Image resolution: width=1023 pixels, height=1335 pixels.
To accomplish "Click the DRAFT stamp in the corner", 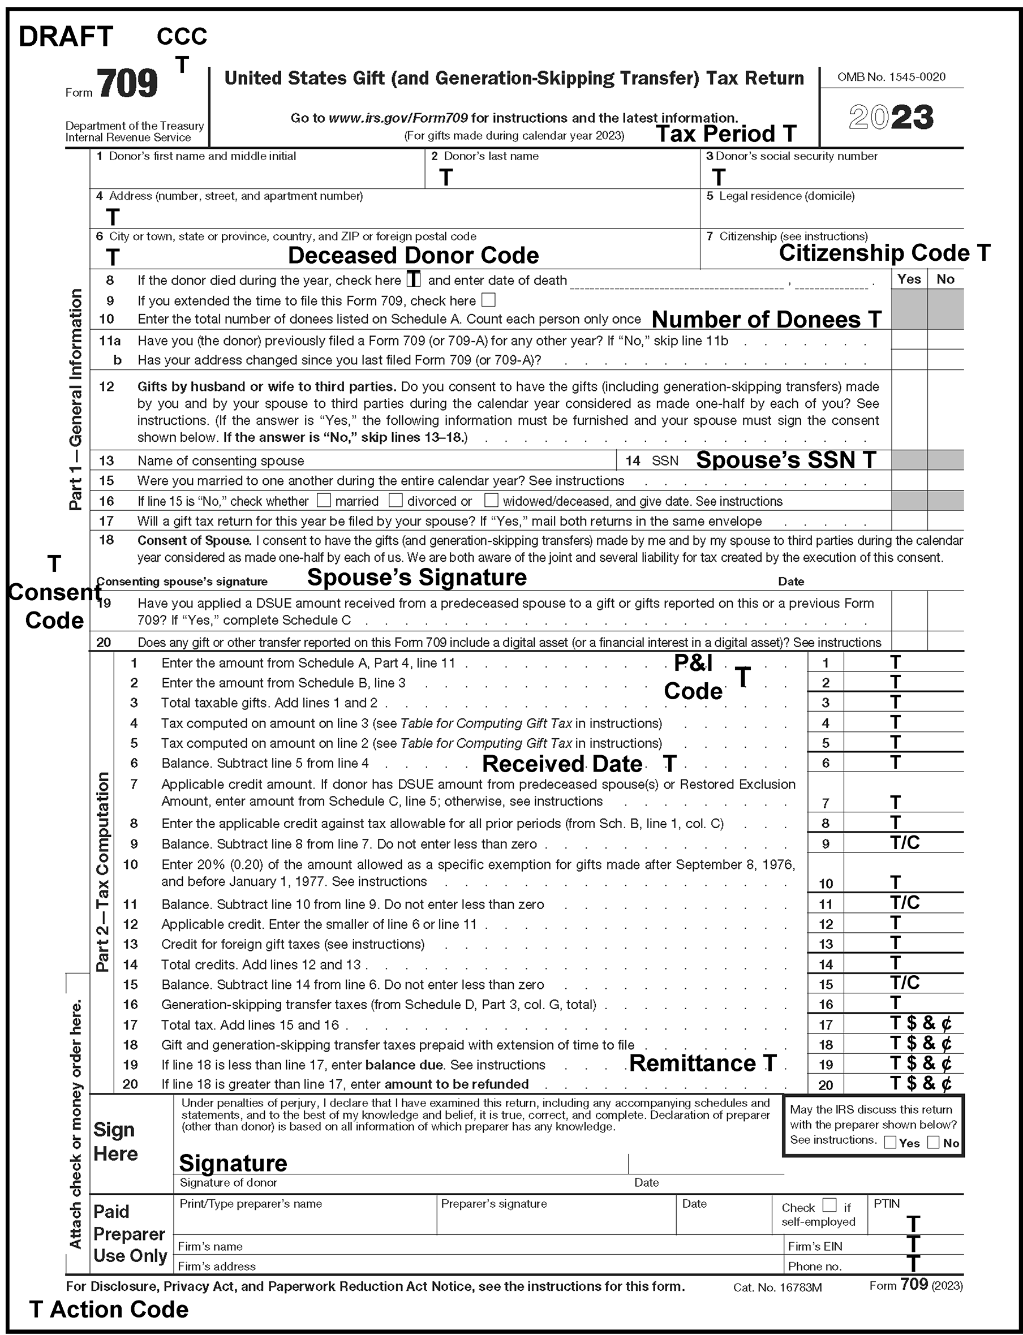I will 66,37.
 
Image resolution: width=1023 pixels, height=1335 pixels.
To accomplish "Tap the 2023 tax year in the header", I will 891,118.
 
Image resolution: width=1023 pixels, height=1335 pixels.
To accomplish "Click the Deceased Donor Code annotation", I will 413,255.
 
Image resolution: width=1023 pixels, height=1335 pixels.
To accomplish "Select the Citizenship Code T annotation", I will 884,253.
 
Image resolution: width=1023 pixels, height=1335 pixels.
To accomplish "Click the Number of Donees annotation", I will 766,319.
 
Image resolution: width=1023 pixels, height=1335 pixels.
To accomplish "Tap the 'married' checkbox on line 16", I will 324,501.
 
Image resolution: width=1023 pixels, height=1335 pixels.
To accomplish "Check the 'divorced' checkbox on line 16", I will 396,501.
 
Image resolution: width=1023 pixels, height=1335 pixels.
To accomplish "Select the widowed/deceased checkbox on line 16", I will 491,501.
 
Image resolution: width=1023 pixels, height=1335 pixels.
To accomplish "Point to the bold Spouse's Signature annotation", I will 416,577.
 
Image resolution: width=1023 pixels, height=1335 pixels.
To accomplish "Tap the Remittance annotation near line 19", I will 703,1063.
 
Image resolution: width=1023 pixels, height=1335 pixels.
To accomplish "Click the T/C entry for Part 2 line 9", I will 905,842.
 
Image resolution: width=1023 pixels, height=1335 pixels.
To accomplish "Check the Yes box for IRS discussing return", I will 890,1143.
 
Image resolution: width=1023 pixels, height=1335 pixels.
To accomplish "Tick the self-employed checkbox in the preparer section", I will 829,1205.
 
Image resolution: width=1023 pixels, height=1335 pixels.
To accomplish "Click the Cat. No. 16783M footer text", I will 777,1287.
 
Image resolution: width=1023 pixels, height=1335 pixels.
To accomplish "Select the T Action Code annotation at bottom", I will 110,1310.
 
